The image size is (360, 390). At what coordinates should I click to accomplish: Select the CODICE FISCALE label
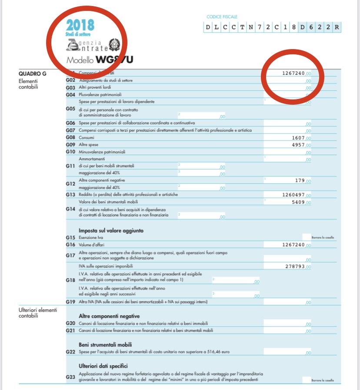click(222, 17)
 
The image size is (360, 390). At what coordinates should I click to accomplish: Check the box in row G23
click(307, 380)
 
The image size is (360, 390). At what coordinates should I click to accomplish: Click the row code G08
click(70, 138)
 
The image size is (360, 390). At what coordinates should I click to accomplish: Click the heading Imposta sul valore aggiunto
click(111, 230)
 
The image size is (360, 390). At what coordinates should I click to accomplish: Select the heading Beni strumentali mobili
click(105, 344)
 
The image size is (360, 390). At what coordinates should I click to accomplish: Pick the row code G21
click(70, 331)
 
